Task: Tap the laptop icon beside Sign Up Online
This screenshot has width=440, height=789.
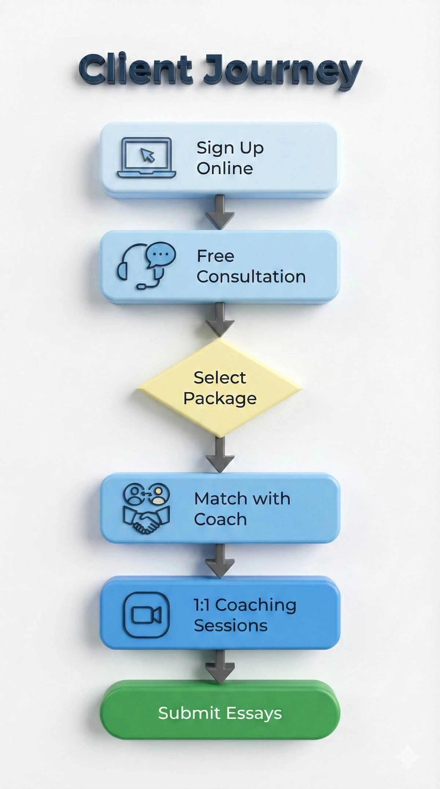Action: pyautogui.click(x=147, y=158)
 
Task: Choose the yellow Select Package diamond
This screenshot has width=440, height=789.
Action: pyautogui.click(x=220, y=388)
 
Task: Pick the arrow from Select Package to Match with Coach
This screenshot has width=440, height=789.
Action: pyautogui.click(x=220, y=455)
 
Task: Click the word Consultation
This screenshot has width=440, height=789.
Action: pyautogui.click(x=251, y=277)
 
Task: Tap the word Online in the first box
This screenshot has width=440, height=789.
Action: pyautogui.click(x=225, y=168)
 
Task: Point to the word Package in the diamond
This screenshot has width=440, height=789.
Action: pyautogui.click(x=220, y=399)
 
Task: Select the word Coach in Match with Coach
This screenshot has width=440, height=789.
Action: pyautogui.click(x=220, y=519)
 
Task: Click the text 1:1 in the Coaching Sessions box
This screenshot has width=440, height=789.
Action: pyautogui.click(x=202, y=605)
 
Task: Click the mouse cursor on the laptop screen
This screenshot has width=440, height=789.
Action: pyautogui.click(x=148, y=156)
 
